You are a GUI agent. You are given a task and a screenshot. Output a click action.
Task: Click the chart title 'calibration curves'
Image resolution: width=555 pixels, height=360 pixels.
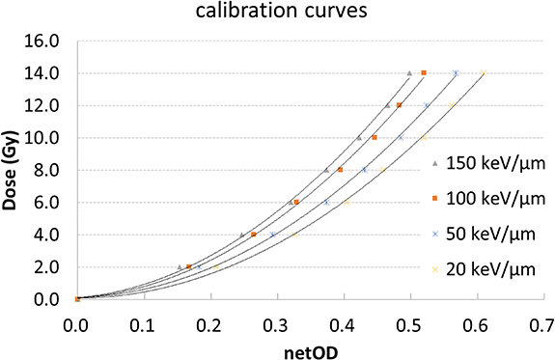(x=277, y=14)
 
